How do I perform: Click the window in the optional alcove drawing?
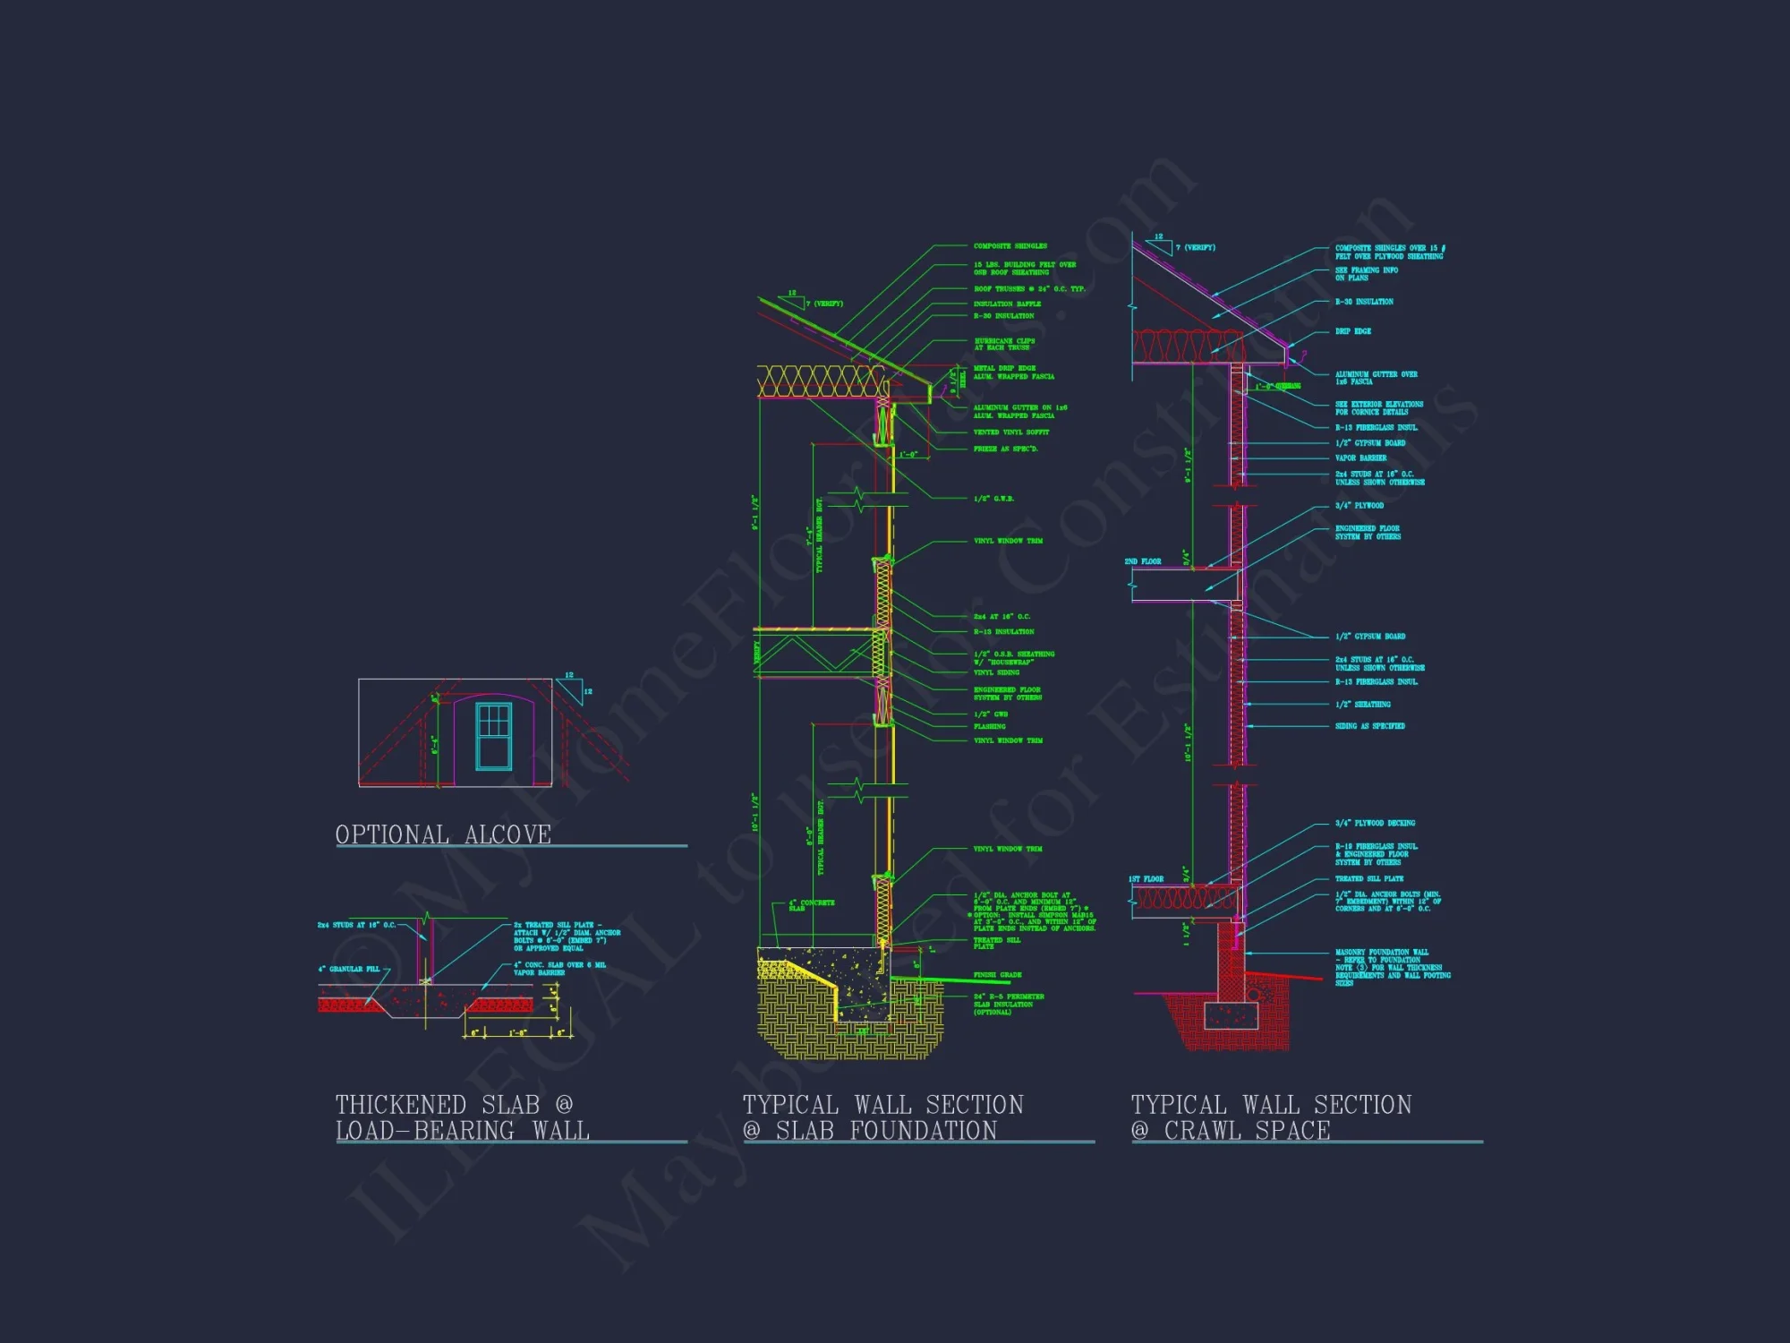[493, 736]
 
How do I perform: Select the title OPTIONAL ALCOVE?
[443, 834]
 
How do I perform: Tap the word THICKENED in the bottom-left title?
[401, 1105]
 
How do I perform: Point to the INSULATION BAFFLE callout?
[1007, 304]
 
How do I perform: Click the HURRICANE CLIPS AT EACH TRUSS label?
[1004, 344]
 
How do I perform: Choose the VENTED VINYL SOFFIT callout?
[1010, 432]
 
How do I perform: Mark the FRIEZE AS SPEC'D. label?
[1005, 449]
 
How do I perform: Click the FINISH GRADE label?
[997, 975]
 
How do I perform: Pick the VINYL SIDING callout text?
[996, 672]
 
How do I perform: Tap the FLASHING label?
[989, 726]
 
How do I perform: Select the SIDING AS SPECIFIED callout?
[1369, 726]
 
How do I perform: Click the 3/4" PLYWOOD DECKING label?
[1375, 823]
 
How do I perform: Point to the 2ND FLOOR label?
[1143, 561]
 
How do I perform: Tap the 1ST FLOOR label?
[1146, 879]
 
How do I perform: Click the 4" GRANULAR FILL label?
[349, 969]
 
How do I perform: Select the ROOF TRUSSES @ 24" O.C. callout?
[1028, 289]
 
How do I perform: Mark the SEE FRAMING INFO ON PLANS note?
[1366, 274]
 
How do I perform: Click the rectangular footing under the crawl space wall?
[1231, 1015]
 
